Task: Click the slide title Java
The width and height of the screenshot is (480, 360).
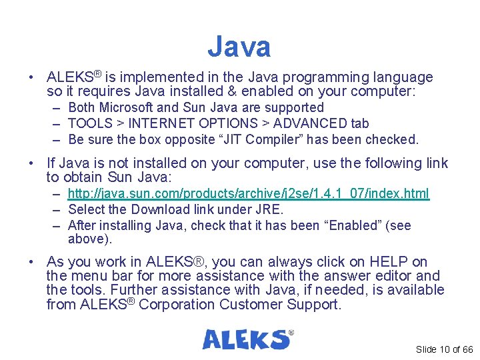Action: point(239,47)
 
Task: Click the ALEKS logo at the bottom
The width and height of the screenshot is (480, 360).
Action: point(247,339)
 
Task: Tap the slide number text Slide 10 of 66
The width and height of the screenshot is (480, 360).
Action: point(444,349)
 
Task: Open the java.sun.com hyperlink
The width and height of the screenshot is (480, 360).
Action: point(249,194)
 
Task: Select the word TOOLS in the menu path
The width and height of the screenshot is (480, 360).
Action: point(89,123)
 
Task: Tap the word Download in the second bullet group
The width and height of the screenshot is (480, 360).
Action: point(151,209)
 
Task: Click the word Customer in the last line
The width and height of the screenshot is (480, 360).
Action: point(257,305)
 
